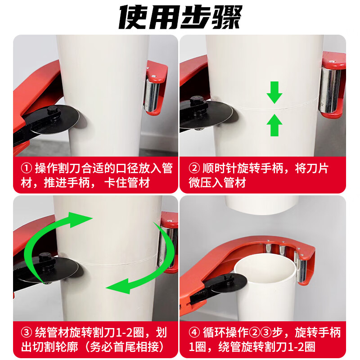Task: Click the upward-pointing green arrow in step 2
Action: coord(274,125)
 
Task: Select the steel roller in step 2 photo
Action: coord(330,90)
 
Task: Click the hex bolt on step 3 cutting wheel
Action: coord(45,259)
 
